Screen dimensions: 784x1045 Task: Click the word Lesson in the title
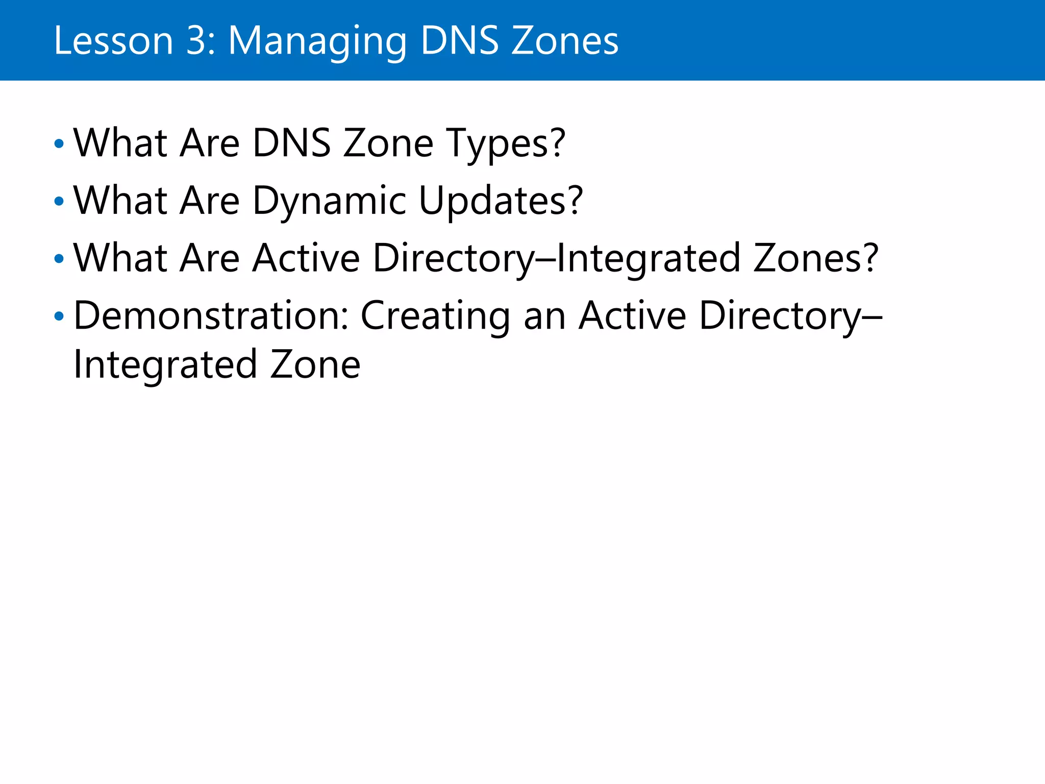113,41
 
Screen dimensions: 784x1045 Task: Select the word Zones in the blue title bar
565,41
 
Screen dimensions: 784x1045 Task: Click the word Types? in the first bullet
506,144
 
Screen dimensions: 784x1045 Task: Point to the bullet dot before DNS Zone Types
59,144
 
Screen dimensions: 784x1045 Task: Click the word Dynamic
329,202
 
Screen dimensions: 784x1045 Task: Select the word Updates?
501,202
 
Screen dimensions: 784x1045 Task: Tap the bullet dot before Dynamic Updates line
59,202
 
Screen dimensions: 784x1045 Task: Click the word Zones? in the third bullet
816,258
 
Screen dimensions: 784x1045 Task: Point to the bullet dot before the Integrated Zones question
59,259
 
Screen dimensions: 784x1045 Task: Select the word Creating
435,317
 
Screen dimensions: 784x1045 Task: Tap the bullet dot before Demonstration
59,316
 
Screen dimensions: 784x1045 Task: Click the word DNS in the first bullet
291,143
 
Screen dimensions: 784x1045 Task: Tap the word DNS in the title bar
459,41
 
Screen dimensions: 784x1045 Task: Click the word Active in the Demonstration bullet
632,316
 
